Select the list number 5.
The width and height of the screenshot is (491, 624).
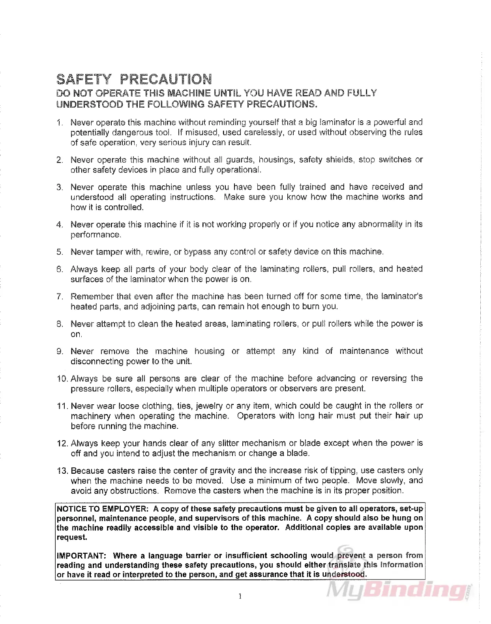pyautogui.click(x=60, y=252)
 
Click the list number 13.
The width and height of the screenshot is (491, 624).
pyautogui.click(x=63, y=471)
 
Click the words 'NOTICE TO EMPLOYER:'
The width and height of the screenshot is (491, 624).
pyautogui.click(x=103, y=509)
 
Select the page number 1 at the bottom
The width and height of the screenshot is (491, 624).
pyautogui.click(x=240, y=596)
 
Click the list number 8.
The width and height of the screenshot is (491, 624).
pyautogui.click(x=60, y=324)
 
